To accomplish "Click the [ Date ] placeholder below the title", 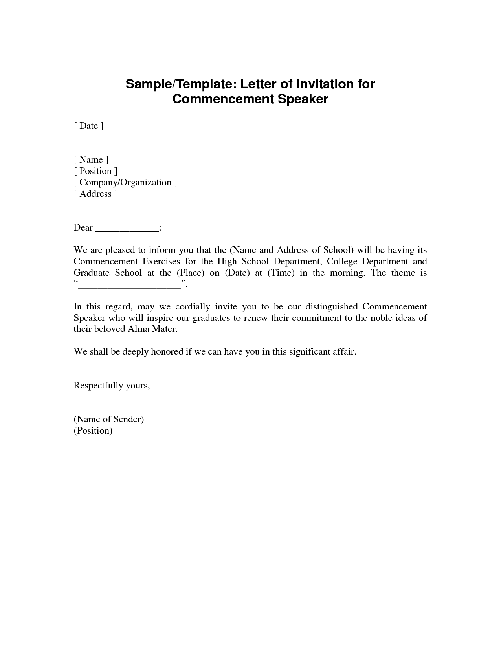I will (88, 126).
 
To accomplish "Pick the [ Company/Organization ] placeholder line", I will (125, 182).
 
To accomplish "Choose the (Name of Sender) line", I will (109, 419).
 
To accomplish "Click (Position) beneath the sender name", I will (93, 431).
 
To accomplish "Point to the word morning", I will (347, 273).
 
